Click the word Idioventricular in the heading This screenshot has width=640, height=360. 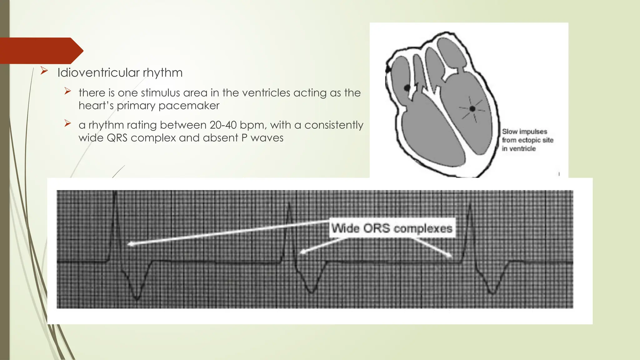(x=98, y=72)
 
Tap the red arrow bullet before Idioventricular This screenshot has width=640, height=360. (x=44, y=72)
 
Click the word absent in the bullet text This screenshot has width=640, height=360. (x=220, y=138)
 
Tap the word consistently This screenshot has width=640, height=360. (x=334, y=125)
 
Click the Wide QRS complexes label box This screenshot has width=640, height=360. (x=392, y=228)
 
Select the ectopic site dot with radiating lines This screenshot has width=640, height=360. (x=472, y=109)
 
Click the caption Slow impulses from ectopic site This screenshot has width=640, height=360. (x=527, y=140)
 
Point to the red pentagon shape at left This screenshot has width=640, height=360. (x=41, y=51)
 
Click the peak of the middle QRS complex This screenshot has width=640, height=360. (x=289, y=204)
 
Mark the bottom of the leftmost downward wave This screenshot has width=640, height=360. (x=136, y=299)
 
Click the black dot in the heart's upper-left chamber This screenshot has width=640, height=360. (x=407, y=88)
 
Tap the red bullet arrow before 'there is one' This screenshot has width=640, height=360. (x=68, y=91)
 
